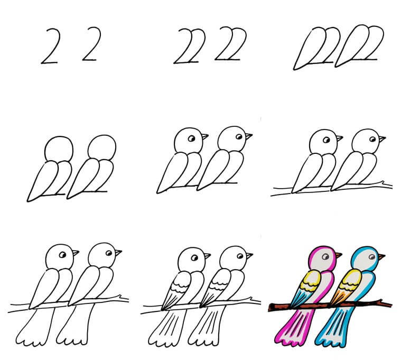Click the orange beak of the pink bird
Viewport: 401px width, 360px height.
tap(339, 255)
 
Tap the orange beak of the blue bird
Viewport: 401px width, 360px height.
tap(381, 256)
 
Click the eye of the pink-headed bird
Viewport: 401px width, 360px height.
tap(325, 256)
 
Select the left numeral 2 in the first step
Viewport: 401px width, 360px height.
tap(51, 46)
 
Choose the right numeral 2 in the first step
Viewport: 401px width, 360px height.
tap(91, 44)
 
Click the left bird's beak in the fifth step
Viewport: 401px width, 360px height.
tap(204, 136)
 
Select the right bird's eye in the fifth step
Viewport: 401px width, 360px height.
tap(239, 136)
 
